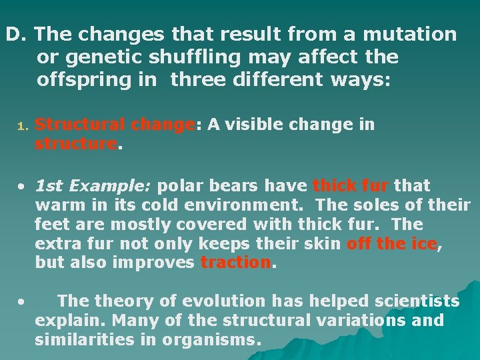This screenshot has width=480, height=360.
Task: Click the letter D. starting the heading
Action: coord(16,34)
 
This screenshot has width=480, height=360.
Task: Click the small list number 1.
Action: coord(21,125)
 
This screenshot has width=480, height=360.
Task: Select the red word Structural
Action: coord(81,125)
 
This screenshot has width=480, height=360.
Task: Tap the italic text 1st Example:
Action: coord(94,185)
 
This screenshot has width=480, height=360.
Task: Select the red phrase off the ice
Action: coord(391,243)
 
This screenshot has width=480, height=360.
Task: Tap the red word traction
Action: coord(236,263)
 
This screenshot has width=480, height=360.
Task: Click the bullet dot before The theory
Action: coord(21,302)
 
